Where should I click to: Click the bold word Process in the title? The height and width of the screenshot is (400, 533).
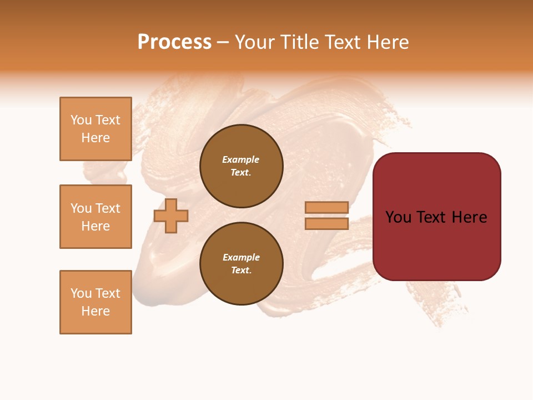(x=174, y=42)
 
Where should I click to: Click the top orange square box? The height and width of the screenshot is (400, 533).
(x=95, y=129)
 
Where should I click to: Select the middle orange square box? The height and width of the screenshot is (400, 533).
(x=95, y=217)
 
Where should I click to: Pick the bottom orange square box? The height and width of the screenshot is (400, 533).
(x=95, y=302)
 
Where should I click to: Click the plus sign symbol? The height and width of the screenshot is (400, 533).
(x=171, y=216)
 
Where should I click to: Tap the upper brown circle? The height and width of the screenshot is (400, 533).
(x=242, y=166)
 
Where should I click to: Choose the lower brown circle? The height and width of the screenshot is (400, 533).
(x=242, y=263)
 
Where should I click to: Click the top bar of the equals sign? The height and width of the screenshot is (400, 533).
(x=326, y=207)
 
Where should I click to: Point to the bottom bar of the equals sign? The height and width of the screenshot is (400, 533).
(x=326, y=224)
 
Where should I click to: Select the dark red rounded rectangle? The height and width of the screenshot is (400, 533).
(x=436, y=217)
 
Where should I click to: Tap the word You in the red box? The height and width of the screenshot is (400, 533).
(x=398, y=217)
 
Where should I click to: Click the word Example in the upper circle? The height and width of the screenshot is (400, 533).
(x=241, y=159)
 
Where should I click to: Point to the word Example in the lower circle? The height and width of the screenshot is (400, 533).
(x=241, y=257)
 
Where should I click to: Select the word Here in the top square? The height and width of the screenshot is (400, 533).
(x=95, y=138)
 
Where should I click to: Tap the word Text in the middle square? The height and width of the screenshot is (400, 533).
(x=108, y=208)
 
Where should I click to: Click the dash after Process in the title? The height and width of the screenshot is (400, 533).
(x=223, y=42)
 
